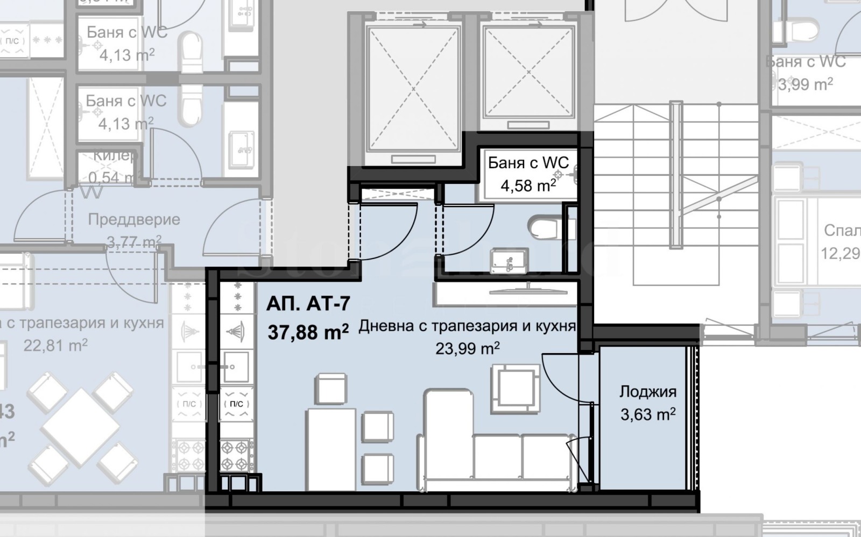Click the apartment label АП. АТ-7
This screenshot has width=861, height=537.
(308, 304)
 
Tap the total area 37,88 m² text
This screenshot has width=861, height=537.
(308, 332)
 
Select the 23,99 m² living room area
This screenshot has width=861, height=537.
(467, 349)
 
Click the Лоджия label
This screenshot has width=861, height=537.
(647, 391)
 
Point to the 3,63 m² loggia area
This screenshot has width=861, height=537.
(647, 414)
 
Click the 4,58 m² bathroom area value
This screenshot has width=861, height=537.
(528, 186)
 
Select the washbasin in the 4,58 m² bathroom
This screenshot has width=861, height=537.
(509, 261)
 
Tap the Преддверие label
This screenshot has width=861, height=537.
(134, 219)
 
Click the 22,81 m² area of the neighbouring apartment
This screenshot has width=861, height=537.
(55, 345)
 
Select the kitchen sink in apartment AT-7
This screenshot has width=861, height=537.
(235, 367)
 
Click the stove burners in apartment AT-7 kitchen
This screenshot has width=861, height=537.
(236, 455)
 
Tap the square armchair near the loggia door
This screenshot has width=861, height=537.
(515, 389)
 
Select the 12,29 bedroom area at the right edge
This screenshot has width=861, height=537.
(840, 253)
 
